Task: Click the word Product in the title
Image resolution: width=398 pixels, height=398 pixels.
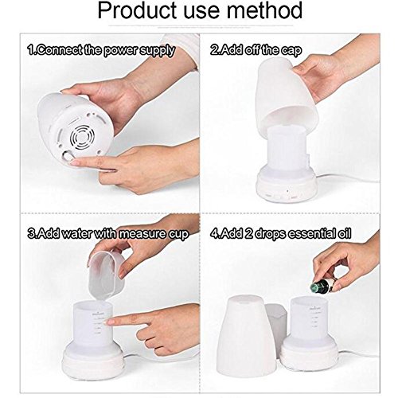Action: tap(138, 10)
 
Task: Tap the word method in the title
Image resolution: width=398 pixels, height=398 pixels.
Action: tap(264, 10)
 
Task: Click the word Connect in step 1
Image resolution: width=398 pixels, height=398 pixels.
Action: tap(59, 50)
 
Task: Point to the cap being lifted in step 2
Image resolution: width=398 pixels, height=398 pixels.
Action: tap(287, 93)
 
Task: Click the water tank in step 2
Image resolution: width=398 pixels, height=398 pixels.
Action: tap(287, 149)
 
